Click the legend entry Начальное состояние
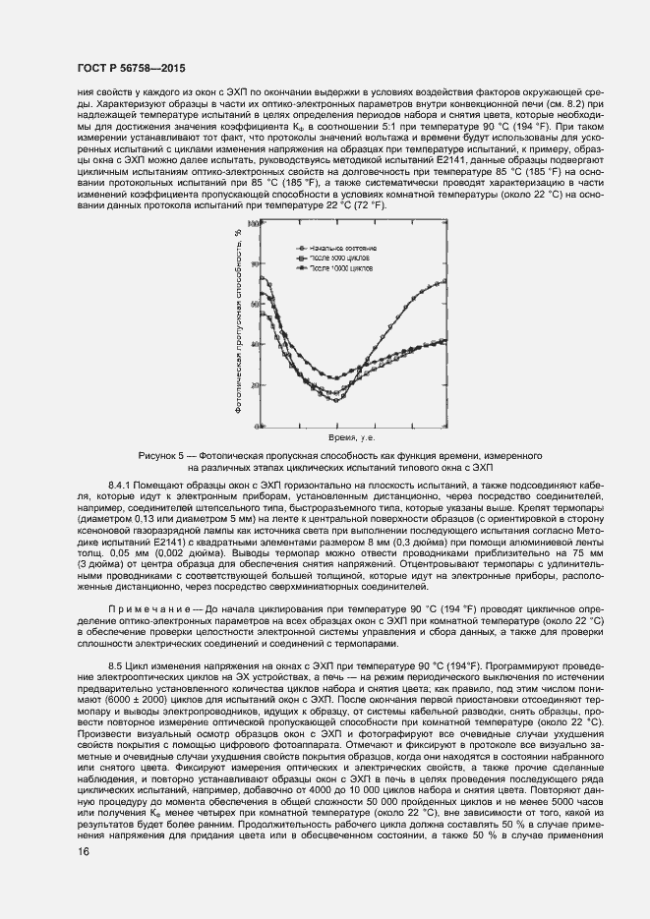pyautogui.click(x=343, y=248)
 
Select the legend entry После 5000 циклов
pyautogui.click(x=341, y=258)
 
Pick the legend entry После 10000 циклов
pyautogui.click(x=343, y=267)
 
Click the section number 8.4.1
pyautogui.click(x=122, y=486)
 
